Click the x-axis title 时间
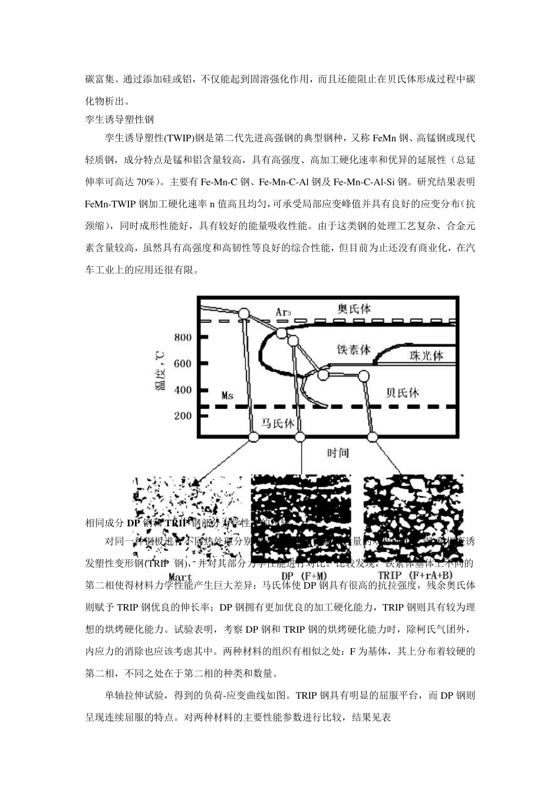pyautogui.click(x=338, y=453)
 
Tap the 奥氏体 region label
pyautogui.click(x=354, y=309)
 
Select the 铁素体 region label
pyautogui.click(x=354, y=349)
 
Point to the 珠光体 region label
pyautogui.click(x=426, y=355)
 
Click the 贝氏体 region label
pyautogui.click(x=402, y=392)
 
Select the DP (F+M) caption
pyautogui.click(x=301, y=575)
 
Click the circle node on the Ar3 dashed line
pyautogui.click(x=243, y=313)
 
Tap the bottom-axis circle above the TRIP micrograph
pyautogui.click(x=372, y=437)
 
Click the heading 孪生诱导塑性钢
pyautogui.click(x=120, y=120)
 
